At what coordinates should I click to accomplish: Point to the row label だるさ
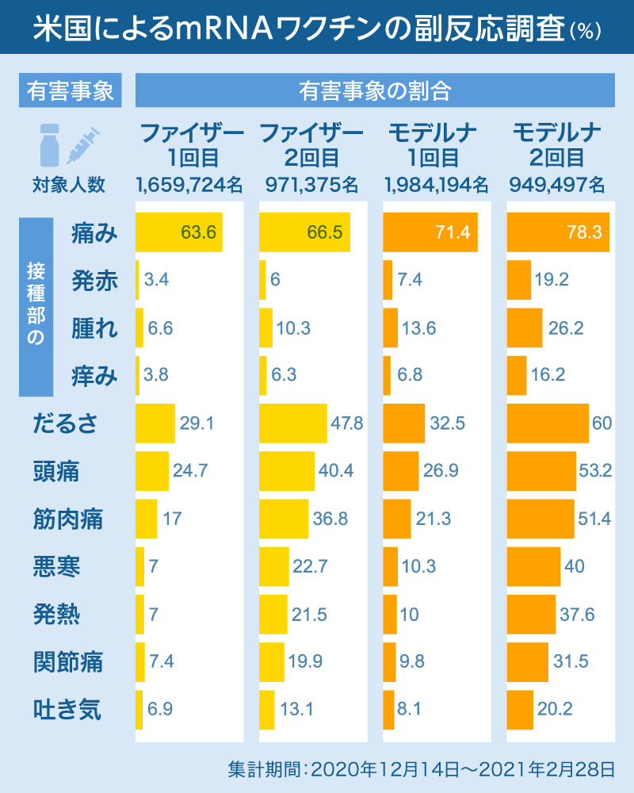66,423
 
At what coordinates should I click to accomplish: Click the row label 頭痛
55,471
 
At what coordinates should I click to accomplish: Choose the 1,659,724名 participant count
189,185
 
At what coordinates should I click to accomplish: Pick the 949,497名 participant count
557,185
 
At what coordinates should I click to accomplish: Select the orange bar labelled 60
548,423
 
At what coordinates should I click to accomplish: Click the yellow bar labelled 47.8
292,423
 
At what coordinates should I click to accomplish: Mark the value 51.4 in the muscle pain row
595,519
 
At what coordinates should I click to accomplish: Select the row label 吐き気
67,709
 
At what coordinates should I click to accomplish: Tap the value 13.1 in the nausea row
297,710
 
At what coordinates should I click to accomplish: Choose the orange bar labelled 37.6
531,615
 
